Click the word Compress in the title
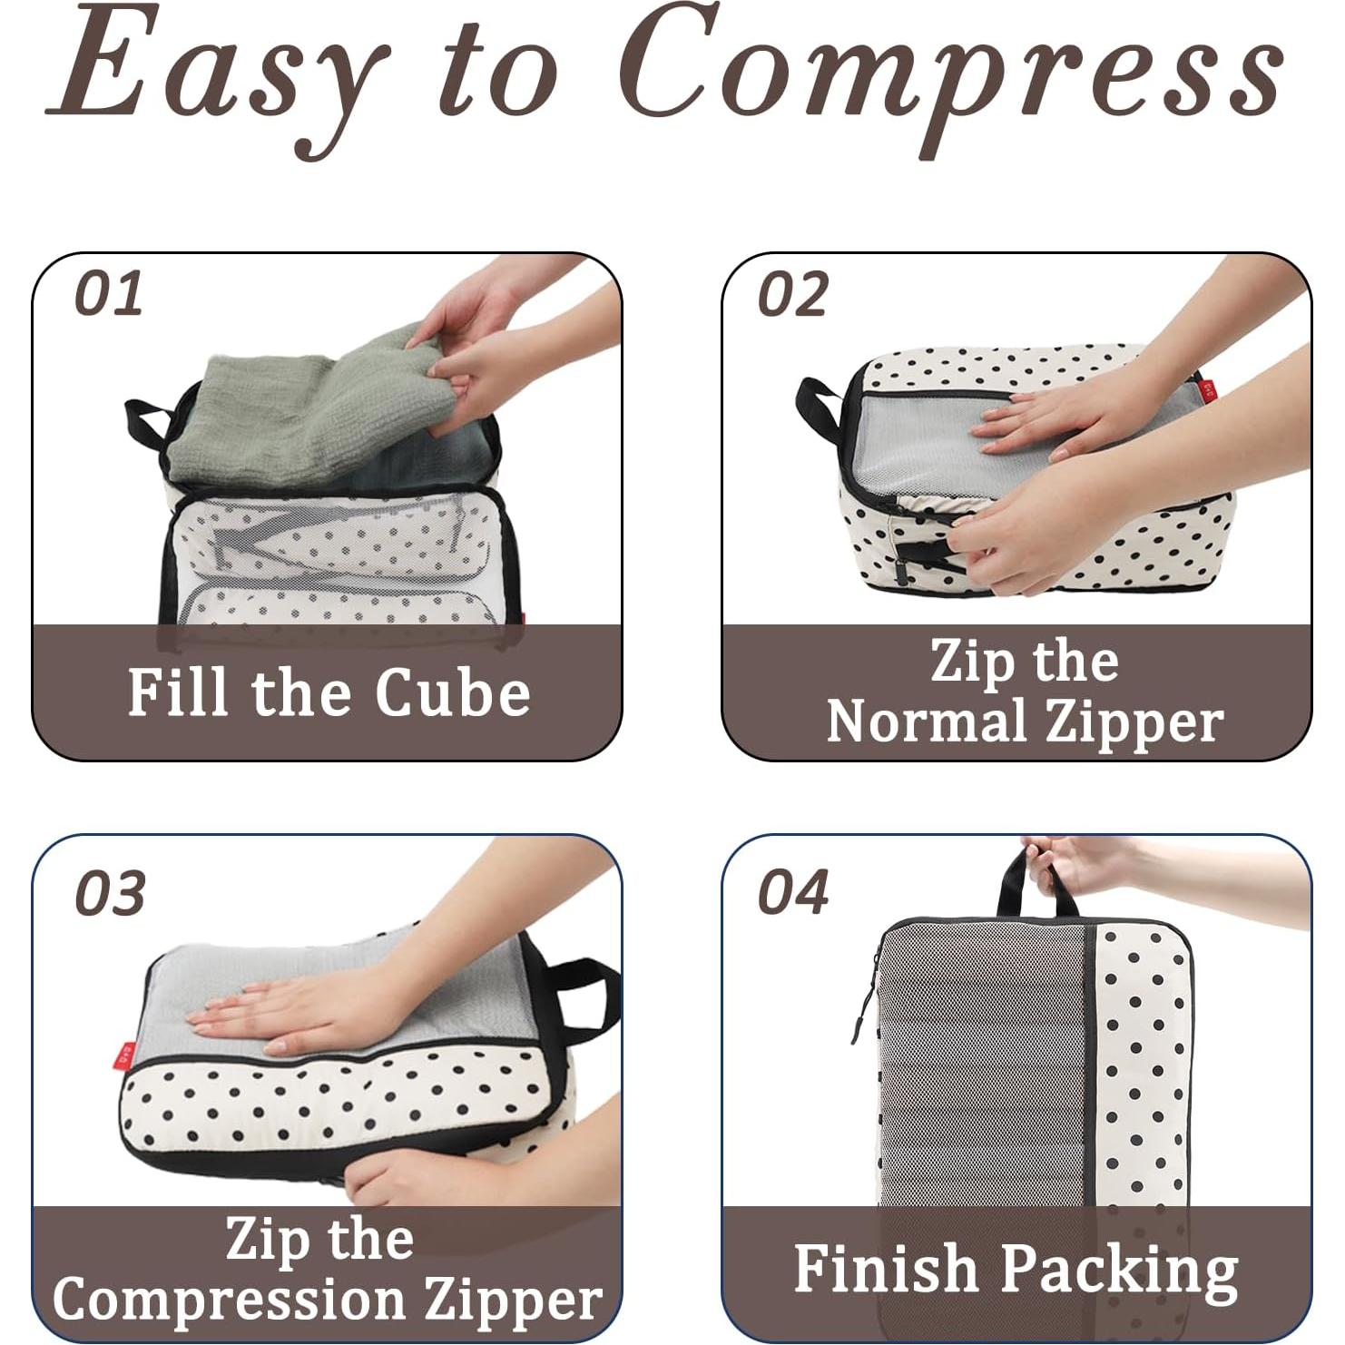(953, 73)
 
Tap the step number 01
(109, 294)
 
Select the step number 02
(792, 295)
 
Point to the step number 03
(110, 893)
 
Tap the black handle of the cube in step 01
(145, 422)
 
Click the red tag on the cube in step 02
(1208, 390)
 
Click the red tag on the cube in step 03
(125, 1055)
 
